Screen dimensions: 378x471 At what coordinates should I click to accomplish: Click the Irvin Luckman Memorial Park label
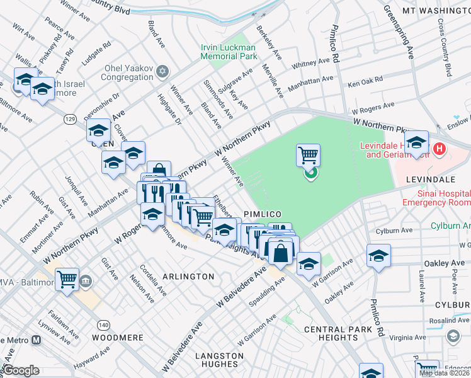tap(229, 52)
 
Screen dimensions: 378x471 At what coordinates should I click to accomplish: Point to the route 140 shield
tap(103, 324)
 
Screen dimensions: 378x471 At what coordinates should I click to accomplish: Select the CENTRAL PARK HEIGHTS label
tap(332, 334)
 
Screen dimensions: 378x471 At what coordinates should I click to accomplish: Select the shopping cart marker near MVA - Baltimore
tap(67, 278)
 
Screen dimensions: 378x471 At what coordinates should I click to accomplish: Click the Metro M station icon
tap(37, 340)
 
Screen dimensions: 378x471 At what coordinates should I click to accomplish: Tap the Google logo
tap(21, 370)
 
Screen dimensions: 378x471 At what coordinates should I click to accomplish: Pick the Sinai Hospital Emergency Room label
tap(436, 198)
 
